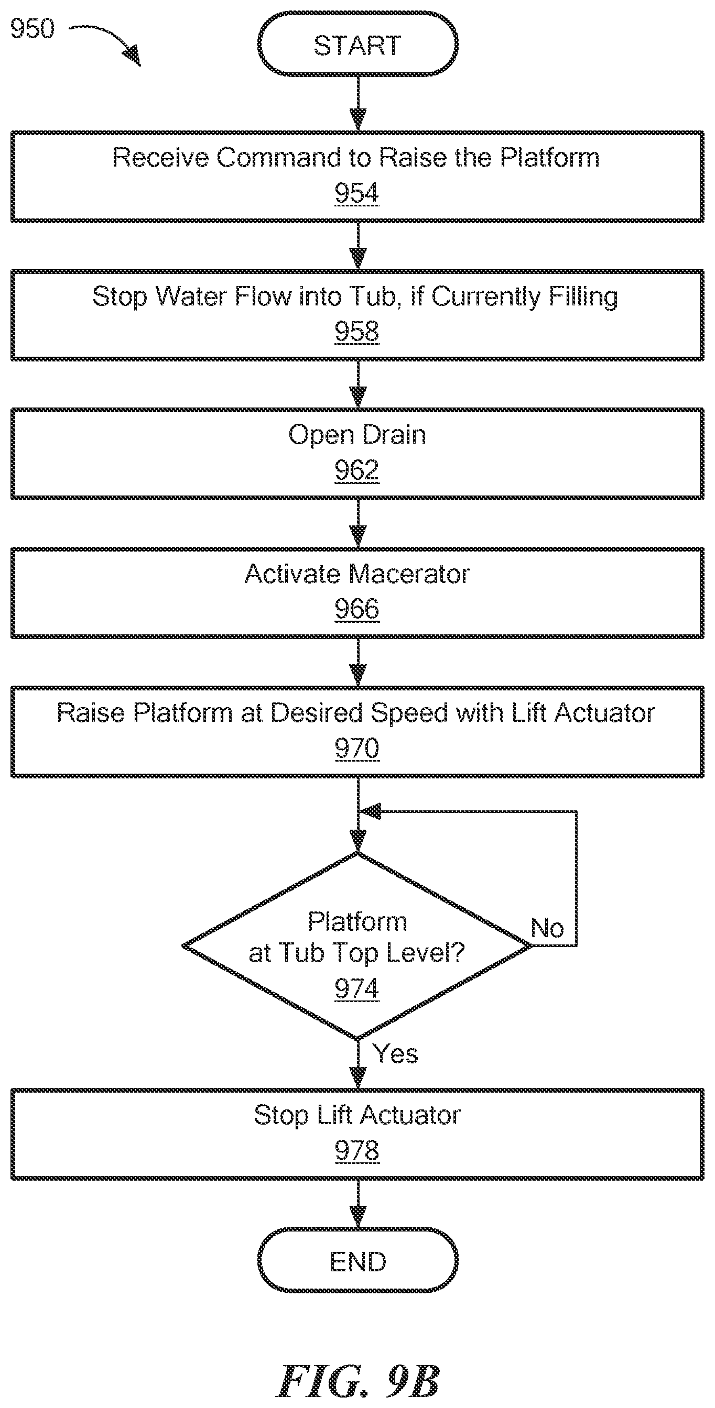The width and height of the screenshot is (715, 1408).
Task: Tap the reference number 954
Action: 356,193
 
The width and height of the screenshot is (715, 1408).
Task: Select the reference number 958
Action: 356,332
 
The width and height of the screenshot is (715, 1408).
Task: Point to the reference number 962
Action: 356,470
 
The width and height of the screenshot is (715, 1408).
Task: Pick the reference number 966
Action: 356,609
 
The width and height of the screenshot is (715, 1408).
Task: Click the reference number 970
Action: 356,747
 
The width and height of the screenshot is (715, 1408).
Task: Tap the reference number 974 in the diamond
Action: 356,988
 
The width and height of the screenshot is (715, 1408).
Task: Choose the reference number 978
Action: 356,1150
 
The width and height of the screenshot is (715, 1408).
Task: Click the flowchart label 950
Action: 32,28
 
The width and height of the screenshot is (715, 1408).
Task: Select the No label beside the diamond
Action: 547,928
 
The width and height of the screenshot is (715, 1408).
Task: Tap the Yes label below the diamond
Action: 395,1053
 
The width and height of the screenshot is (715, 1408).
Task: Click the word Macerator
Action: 409,574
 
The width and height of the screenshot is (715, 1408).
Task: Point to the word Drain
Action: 394,435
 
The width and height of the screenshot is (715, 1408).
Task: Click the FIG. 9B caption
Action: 359,1381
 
